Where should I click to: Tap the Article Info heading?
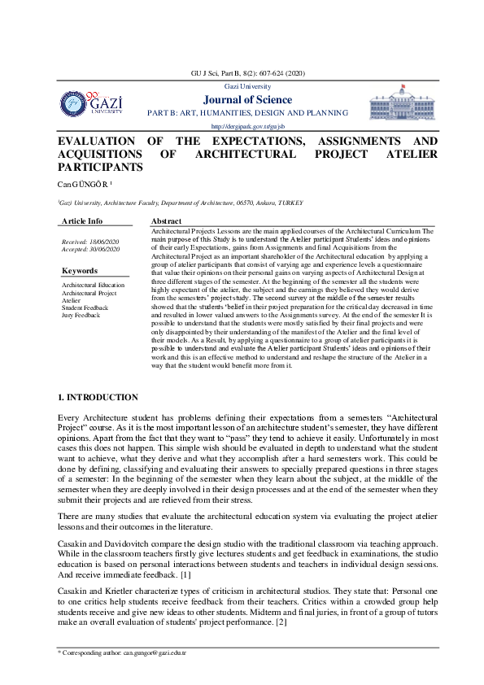tap(82, 221)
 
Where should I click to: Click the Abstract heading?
tap(168, 221)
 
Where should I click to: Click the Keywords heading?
tap(80, 271)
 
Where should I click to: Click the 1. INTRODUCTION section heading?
tap(98, 397)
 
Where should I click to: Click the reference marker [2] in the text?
tap(281, 600)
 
